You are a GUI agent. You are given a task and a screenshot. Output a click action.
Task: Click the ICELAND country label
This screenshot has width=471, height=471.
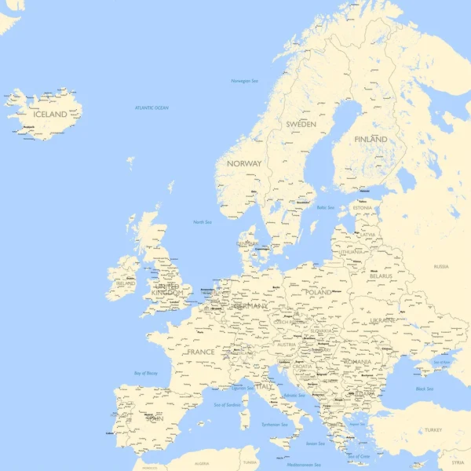pyautogui.click(x=49, y=115)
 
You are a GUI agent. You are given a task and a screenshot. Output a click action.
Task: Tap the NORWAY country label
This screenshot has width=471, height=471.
pyautogui.click(x=244, y=163)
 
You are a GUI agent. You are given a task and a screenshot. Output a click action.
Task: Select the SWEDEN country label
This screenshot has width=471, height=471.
pyautogui.click(x=301, y=124)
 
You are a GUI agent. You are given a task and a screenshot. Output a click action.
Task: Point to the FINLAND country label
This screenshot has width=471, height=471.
pyautogui.click(x=371, y=139)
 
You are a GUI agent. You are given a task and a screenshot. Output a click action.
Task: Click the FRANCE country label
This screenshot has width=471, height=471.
pyautogui.click(x=200, y=352)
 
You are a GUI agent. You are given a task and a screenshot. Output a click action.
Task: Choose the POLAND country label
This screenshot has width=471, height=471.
pyautogui.click(x=319, y=292)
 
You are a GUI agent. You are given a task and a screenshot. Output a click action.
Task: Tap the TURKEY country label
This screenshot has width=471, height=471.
pyautogui.click(x=433, y=430)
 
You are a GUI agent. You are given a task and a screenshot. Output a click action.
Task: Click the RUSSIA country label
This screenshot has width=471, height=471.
pyautogui.click(x=441, y=266)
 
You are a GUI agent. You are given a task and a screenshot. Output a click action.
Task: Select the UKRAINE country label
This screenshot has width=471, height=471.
pyautogui.click(x=383, y=320)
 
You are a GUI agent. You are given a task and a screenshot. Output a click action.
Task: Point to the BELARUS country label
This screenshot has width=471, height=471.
pyautogui.click(x=381, y=276)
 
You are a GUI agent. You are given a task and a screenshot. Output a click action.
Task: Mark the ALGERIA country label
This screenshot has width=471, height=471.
pyautogui.click(x=202, y=463)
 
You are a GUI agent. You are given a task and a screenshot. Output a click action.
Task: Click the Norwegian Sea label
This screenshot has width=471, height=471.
pyautogui.click(x=245, y=81)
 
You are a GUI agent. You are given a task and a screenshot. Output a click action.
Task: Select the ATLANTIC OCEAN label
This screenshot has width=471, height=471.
pyautogui.click(x=152, y=108)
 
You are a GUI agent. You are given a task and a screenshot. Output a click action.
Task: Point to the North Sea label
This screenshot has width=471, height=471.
pyautogui.click(x=203, y=222)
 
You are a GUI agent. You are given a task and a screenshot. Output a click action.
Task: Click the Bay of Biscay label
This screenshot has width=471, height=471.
pyautogui.click(x=146, y=373)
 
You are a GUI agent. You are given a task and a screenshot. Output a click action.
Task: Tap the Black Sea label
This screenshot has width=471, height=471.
pyautogui.click(x=424, y=389)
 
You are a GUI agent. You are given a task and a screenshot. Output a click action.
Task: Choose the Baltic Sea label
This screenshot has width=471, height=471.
pyautogui.click(x=325, y=207)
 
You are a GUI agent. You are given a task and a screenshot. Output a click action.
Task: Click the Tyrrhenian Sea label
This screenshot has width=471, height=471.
pyautogui.click(x=275, y=424)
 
